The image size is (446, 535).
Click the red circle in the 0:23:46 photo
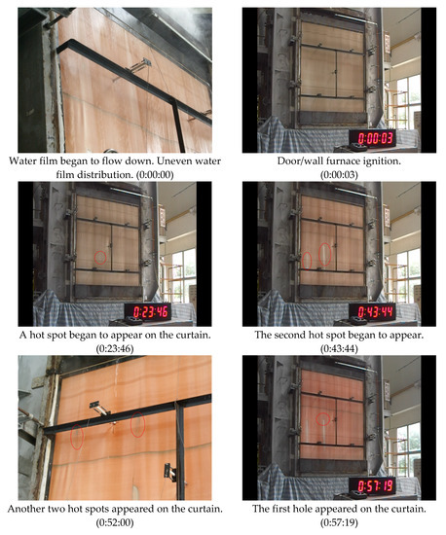pos(99,257)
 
